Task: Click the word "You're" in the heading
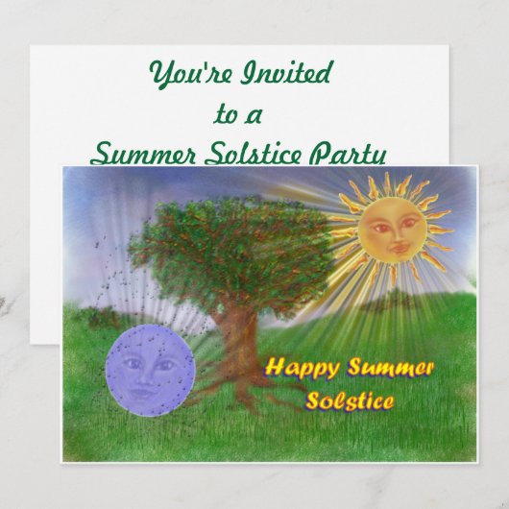(x=182, y=74)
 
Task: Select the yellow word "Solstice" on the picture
(x=349, y=400)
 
